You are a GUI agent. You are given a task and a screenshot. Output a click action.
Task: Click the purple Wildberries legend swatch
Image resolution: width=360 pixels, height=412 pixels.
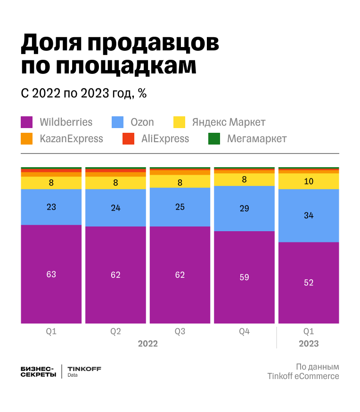click(27, 122)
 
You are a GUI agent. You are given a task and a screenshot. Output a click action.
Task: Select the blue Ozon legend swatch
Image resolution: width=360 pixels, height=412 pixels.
click(117, 122)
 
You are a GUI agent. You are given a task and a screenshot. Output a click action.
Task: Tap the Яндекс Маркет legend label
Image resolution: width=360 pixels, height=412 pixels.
click(229, 122)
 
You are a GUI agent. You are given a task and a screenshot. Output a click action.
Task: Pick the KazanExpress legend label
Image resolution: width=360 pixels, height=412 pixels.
click(71, 139)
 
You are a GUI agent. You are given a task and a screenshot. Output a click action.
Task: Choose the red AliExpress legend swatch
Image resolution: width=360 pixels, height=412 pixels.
click(128, 139)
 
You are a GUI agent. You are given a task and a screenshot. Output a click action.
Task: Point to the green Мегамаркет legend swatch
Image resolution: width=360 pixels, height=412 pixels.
click(214, 139)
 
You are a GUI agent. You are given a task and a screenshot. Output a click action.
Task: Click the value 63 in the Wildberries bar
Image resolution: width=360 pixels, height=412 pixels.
click(51, 274)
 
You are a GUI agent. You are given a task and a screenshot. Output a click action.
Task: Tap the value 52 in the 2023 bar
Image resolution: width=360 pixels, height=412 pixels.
click(309, 283)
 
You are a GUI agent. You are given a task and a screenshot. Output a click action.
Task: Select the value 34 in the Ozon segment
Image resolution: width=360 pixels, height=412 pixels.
click(309, 216)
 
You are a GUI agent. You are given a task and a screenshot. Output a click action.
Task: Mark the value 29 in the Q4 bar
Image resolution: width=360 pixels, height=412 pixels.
click(244, 209)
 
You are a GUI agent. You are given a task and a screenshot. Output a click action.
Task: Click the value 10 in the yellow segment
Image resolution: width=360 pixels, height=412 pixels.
click(309, 181)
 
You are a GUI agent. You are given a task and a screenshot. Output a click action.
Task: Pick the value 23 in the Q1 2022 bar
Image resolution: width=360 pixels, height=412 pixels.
click(51, 207)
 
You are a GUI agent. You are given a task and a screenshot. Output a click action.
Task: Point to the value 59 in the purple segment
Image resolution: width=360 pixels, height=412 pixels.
click(244, 277)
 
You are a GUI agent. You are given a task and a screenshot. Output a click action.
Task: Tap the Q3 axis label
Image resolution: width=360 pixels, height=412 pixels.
click(180, 331)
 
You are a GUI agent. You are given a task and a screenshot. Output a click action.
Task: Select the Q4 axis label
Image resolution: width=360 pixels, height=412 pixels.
click(244, 331)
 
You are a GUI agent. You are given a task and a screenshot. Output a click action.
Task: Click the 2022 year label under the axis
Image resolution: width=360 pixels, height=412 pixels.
click(147, 344)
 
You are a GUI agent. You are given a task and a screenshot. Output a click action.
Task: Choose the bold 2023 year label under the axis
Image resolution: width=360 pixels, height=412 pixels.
click(309, 344)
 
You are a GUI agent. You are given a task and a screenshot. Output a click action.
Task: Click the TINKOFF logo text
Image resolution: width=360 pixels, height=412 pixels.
click(84, 369)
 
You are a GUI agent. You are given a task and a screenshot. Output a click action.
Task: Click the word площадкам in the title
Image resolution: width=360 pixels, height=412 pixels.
click(125, 66)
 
